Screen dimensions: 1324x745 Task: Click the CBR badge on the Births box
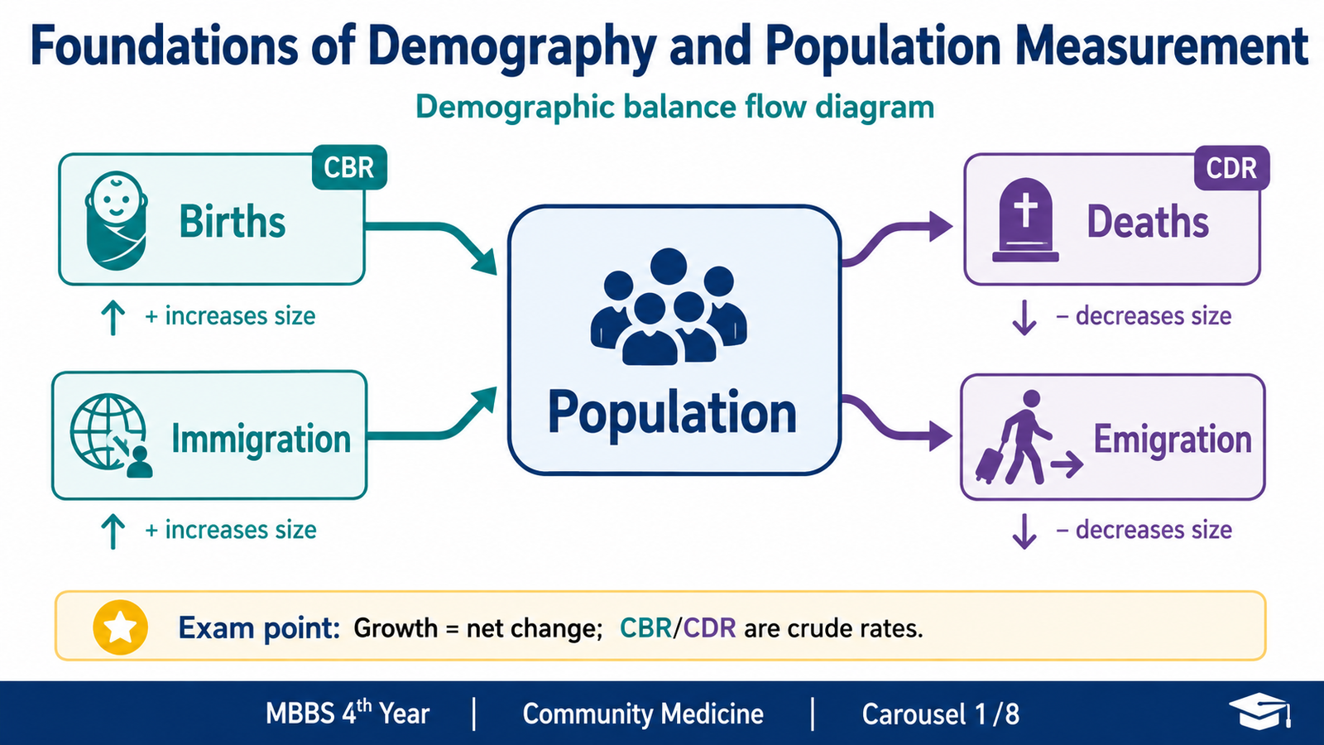(x=349, y=167)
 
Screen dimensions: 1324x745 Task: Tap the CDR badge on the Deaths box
(x=1232, y=168)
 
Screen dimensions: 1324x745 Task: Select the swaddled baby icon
(x=116, y=221)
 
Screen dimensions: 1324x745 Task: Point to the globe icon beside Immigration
(x=110, y=435)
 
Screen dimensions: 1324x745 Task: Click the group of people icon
(x=669, y=307)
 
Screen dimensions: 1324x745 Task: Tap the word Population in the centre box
(x=672, y=413)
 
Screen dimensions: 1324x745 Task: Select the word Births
(x=233, y=222)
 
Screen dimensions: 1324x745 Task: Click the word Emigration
(x=1173, y=440)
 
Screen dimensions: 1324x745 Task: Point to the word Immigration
(x=261, y=440)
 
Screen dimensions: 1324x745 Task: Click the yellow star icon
(x=121, y=627)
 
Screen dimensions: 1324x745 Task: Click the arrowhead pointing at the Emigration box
(x=940, y=437)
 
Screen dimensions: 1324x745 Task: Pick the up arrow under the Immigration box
(x=113, y=531)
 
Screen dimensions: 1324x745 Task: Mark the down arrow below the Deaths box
(x=1024, y=318)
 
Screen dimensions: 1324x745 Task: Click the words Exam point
(x=259, y=628)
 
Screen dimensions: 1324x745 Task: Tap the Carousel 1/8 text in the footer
(x=940, y=714)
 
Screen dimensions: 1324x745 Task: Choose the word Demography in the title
(x=512, y=47)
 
